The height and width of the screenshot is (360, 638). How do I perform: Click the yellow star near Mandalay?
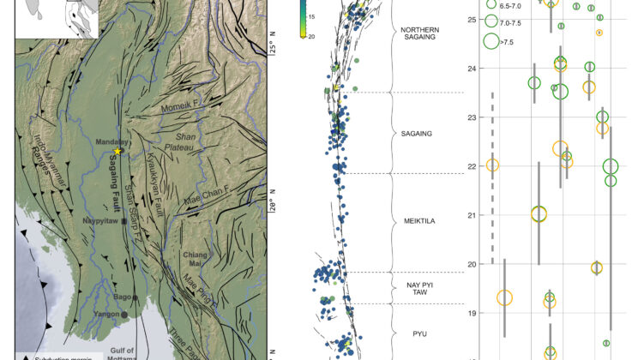coord(117,151)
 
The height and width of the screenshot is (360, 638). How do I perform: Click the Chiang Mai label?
coord(196,259)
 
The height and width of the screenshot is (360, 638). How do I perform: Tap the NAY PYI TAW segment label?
coord(419,287)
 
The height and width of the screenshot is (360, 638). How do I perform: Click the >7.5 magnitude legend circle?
coord(492,41)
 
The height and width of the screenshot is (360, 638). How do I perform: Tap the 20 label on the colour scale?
coord(312,36)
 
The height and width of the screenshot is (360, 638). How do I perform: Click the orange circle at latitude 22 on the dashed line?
coord(492,165)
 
